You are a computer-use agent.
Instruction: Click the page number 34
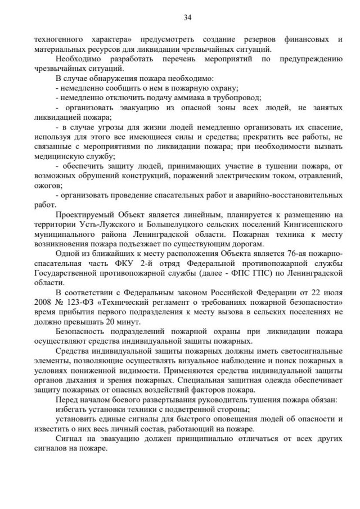[x=188, y=18]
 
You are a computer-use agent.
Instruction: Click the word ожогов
[x=47, y=186]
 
